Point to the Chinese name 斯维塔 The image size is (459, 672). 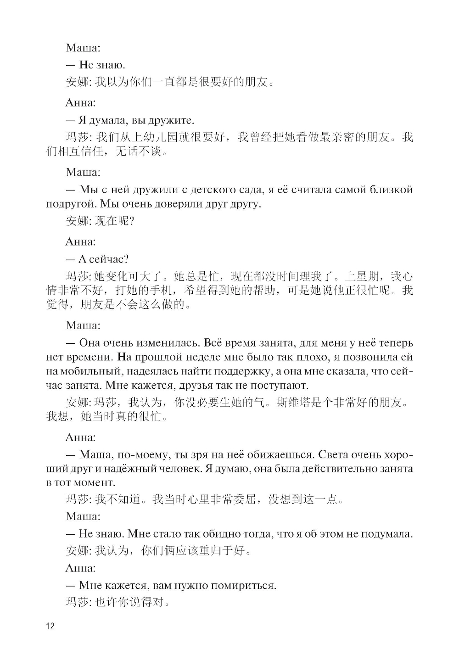(294, 403)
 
